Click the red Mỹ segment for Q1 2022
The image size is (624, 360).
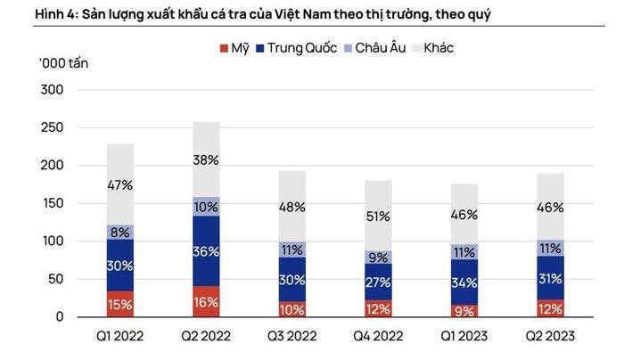[120, 305]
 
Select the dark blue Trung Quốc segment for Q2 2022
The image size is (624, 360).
[206, 251]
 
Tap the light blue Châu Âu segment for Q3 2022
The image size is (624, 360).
[292, 250]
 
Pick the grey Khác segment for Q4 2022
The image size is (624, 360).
[378, 216]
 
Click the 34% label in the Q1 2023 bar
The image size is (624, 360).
[464, 282]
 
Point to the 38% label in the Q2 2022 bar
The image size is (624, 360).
[206, 160]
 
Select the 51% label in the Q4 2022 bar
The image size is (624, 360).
[378, 217]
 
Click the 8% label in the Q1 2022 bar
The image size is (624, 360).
[120, 233]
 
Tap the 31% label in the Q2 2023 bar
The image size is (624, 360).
[550, 278]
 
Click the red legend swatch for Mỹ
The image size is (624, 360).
[224, 48]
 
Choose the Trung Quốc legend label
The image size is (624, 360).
[302, 48]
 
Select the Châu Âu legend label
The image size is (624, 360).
[381, 48]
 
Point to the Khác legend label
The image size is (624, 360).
[439, 48]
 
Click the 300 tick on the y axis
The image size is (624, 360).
[52, 89]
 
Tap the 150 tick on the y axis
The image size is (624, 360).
[52, 203]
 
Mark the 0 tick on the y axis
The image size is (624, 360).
[60, 316]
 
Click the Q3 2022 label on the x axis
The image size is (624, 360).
[292, 336]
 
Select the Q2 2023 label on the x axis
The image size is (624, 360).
[550, 336]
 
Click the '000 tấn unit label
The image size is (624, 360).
[63, 63]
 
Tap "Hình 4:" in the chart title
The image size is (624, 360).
[56, 14]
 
